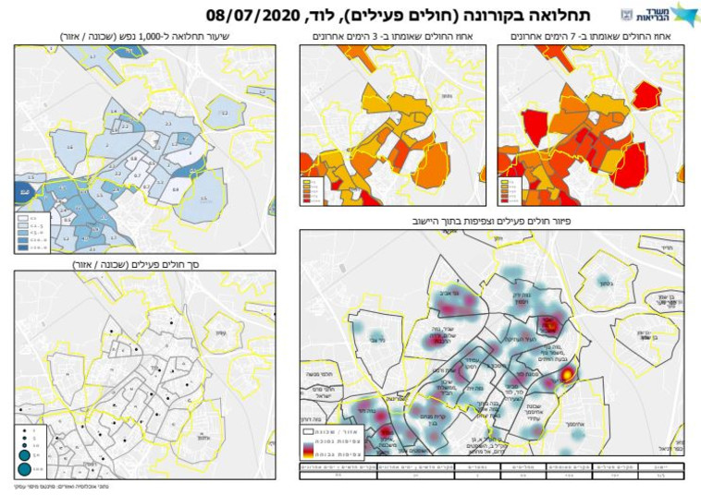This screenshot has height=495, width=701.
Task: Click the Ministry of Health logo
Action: [658, 14]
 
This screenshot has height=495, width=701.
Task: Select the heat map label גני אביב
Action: [447, 287]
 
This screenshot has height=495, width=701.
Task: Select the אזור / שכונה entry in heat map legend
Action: [333, 430]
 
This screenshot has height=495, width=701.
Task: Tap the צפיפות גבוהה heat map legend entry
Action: [333, 453]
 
